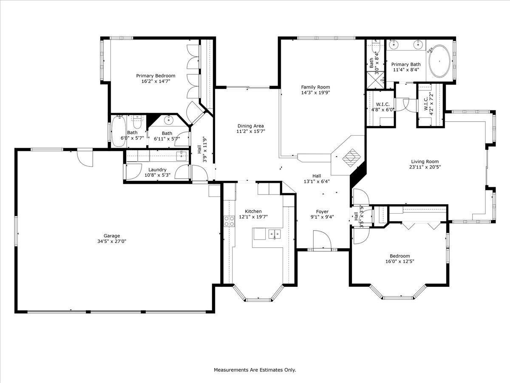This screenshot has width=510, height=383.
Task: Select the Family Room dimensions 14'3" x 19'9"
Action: [315, 92]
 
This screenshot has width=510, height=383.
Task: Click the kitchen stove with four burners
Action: [229, 220]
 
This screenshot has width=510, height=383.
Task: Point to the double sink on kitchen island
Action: [274, 233]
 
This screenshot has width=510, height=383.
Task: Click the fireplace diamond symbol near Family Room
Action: [351, 157]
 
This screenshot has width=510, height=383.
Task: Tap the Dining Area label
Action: [250, 126]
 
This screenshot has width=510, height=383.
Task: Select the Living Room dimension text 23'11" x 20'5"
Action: [425, 167]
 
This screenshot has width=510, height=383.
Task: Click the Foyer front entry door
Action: [322, 241]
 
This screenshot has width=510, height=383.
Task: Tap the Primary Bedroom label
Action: [156, 76]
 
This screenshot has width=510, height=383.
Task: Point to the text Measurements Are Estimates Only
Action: [255, 370]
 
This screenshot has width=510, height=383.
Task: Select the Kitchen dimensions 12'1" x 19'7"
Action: [253, 217]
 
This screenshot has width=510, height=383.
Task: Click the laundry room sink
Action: [183, 155]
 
